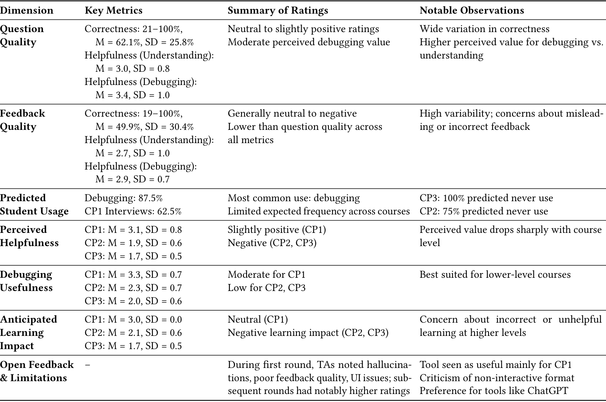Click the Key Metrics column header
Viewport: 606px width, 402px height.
pyautogui.click(x=113, y=10)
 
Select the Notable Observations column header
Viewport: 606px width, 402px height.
pyautogui.click(x=472, y=10)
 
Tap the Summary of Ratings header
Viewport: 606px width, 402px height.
pyautogui.click(x=278, y=10)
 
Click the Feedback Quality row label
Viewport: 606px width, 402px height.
pyautogui.click(x=22, y=120)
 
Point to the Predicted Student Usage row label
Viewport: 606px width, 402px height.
pyautogui.click(x=34, y=204)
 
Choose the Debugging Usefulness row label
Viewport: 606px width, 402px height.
pyautogui.click(x=26, y=281)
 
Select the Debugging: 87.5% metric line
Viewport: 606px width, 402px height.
pyautogui.click(x=124, y=198)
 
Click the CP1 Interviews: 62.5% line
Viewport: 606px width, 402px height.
pyautogui.click(x=133, y=211)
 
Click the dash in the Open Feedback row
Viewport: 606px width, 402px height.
pyautogui.click(x=87, y=365)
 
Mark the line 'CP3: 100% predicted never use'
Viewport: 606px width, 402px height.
pyautogui.click(x=486, y=198)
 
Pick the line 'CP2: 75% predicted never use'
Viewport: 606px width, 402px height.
pyautogui.click(x=484, y=211)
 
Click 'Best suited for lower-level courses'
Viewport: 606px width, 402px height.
pyautogui.click(x=495, y=275)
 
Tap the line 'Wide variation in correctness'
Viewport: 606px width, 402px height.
pyautogui.click(x=484, y=29)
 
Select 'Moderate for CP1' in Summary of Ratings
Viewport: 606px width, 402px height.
pyautogui.click(x=266, y=275)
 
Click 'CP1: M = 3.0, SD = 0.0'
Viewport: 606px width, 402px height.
pyautogui.click(x=133, y=319)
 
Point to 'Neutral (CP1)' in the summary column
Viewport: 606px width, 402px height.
pyautogui.click(x=257, y=319)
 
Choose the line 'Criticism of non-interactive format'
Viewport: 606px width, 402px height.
pyautogui.click(x=497, y=378)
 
